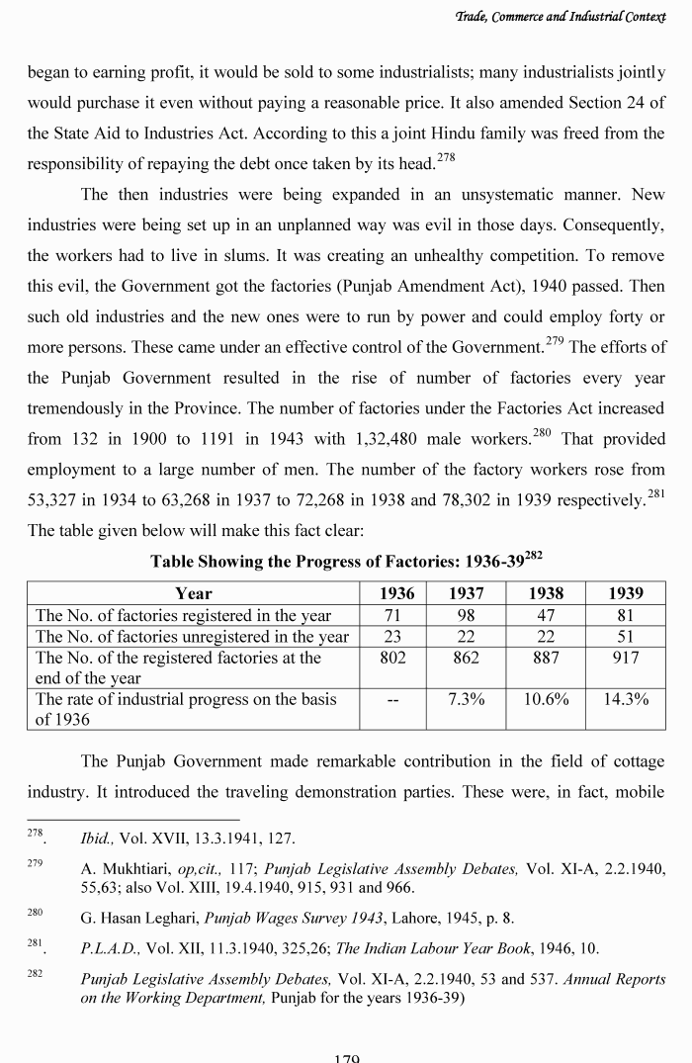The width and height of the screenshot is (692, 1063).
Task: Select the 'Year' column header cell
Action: [193, 593]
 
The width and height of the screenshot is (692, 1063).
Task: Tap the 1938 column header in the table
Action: [547, 593]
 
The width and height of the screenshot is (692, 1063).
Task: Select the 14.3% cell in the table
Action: [625, 699]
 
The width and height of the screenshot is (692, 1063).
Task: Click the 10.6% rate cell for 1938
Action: [547, 699]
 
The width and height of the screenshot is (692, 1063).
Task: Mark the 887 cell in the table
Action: [547, 658]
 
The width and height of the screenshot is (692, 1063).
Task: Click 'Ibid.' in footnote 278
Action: [98, 839]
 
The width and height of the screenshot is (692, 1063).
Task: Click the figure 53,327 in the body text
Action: [57, 499]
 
